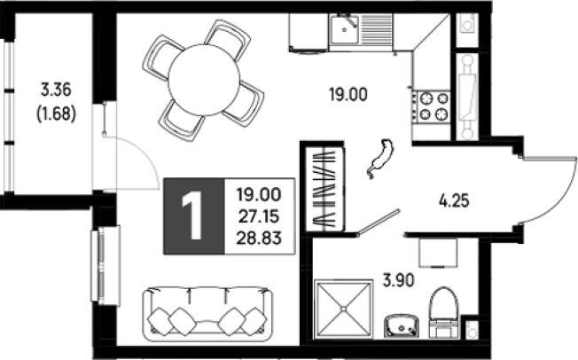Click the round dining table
(x=204, y=81)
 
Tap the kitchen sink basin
(x=344, y=29)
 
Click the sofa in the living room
(x=208, y=315)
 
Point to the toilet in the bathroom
(x=443, y=313)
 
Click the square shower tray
(x=343, y=309)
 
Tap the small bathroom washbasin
(x=402, y=325)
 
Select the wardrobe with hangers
(x=324, y=188)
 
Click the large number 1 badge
(x=194, y=216)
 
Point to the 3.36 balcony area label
(x=56, y=90)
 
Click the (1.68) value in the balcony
(x=56, y=114)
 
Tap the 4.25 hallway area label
(x=454, y=201)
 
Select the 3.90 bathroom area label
(x=399, y=281)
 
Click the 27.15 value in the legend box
(x=259, y=217)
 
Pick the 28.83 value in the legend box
(x=259, y=239)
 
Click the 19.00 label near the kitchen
(x=348, y=95)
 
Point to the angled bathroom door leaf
(x=379, y=222)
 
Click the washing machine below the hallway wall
(x=438, y=253)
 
